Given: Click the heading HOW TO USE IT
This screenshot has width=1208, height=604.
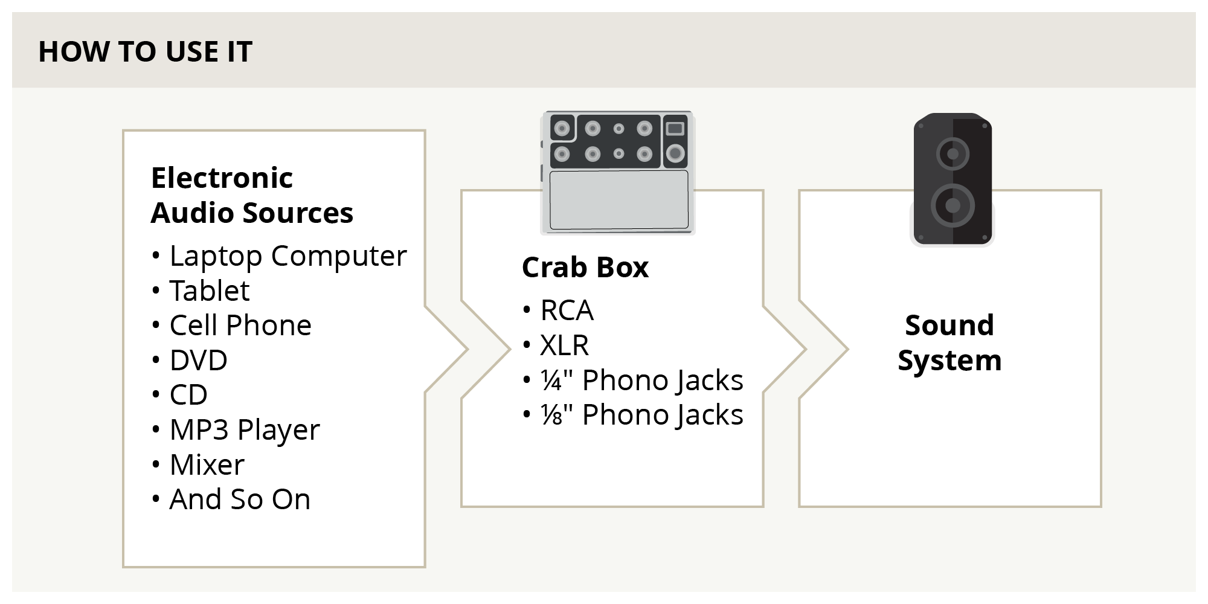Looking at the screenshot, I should coord(145,51).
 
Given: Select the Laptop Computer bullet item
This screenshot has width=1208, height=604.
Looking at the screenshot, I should coord(288,256).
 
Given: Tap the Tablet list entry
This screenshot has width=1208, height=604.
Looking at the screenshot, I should coord(209,291).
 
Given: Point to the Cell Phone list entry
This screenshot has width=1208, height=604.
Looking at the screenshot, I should coord(240,326).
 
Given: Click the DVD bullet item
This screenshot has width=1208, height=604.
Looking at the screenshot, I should coord(198,361).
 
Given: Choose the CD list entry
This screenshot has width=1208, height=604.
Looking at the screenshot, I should coord(188,395).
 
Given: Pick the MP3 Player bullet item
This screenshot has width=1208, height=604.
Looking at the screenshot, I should coord(244,430).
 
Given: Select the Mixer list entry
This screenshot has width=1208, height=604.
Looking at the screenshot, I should coord(207,465).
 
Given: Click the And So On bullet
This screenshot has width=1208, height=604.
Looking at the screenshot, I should coord(239,500).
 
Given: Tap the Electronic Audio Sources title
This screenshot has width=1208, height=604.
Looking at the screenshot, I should coord(251,195).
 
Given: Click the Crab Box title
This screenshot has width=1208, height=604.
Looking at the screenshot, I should coord(585,268).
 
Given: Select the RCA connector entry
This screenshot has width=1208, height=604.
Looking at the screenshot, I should coord(567,310).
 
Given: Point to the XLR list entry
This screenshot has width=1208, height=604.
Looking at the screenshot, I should coord(564,345).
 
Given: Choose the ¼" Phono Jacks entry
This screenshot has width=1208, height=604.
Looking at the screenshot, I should coord(641,381).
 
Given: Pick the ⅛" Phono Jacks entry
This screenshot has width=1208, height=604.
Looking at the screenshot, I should coord(641,415).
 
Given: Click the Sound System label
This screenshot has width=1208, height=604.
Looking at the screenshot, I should coord(949,342).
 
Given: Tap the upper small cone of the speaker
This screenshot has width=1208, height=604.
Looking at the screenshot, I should coord(953,153).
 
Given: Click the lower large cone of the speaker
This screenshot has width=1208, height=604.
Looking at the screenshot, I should coord(953,205).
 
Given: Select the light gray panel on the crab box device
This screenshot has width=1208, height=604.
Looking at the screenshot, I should coord(618,200).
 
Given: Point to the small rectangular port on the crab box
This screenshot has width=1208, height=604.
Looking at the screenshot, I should coord(675,128).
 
